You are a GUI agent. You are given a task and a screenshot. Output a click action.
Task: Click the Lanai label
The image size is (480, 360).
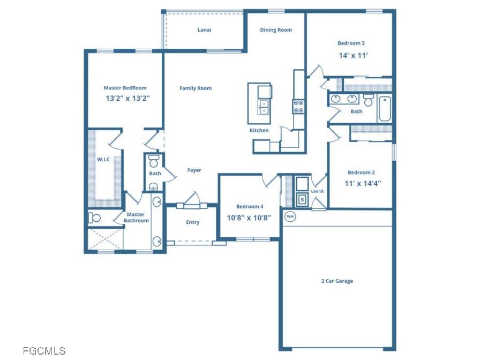click(x=204, y=30)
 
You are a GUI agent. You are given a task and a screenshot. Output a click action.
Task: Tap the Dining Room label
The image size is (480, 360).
click(x=276, y=30)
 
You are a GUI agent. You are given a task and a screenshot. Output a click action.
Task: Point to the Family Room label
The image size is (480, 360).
click(x=195, y=88)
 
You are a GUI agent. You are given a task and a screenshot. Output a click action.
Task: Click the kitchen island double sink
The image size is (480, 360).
click(x=264, y=107)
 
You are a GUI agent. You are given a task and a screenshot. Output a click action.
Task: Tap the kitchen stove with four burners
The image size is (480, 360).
click(x=298, y=107)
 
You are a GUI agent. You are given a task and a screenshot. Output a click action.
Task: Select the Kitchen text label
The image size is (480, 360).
click(x=259, y=130)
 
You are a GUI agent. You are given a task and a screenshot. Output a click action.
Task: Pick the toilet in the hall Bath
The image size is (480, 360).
click(x=368, y=100)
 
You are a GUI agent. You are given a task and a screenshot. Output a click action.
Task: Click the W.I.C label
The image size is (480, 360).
click(x=103, y=159)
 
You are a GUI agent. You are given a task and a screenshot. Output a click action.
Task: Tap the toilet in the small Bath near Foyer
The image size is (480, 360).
click(x=154, y=161)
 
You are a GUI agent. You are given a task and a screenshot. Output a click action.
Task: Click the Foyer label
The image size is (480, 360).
click(x=194, y=170)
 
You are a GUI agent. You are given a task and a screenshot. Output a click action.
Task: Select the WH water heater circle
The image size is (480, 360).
click(x=290, y=216)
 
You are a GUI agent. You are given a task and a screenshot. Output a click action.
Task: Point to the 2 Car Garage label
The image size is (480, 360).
click(x=337, y=281)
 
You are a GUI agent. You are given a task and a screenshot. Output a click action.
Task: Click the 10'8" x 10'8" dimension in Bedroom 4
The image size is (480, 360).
click(x=249, y=217)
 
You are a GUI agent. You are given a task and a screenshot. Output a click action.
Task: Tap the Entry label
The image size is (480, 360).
click(x=192, y=222)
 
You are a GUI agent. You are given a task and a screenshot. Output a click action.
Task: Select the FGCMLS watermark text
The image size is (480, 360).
click(x=44, y=351)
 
